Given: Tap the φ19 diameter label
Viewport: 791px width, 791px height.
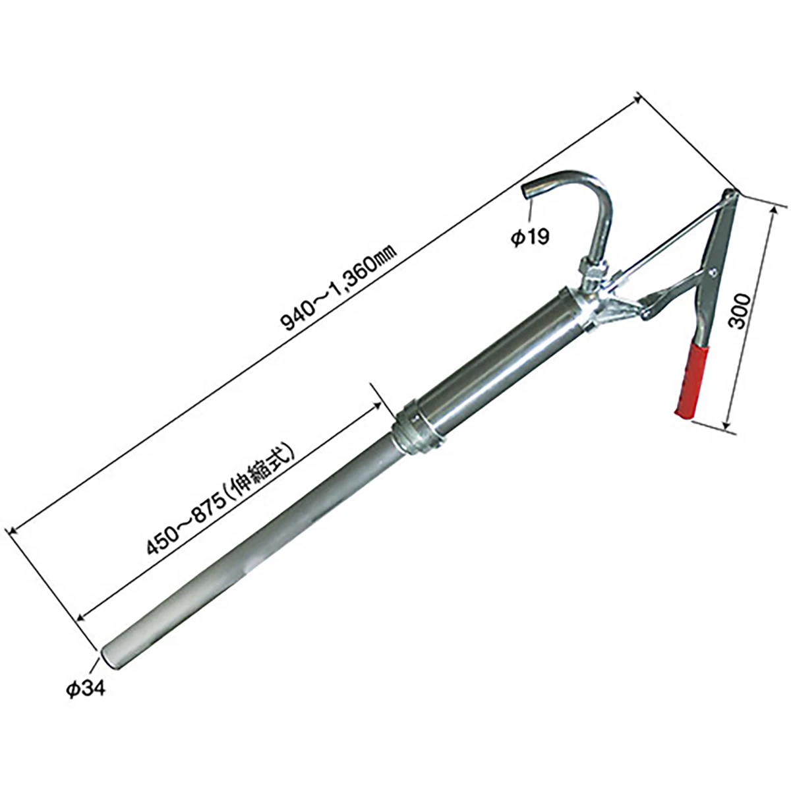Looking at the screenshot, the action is pos(531,237).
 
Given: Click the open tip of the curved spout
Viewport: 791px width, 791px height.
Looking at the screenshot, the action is pos(527,192).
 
